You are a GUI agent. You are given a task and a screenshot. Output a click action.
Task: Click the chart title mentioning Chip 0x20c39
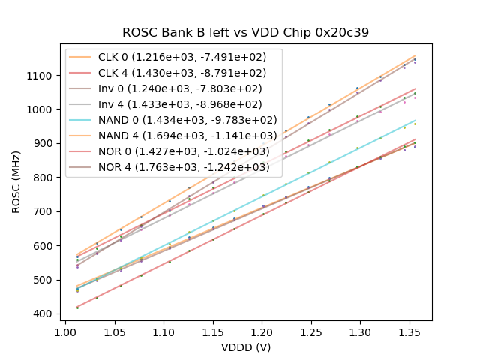[x=246, y=32]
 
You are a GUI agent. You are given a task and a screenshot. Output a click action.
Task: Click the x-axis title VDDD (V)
[x=246, y=347]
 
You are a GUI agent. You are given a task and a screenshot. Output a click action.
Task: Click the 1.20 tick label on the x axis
[x=262, y=331]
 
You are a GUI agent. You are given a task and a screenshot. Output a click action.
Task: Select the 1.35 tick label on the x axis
[x=409, y=331]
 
